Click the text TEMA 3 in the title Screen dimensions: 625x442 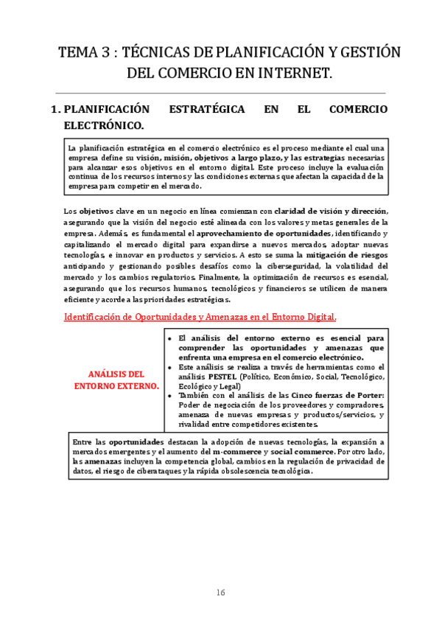coord(83,52)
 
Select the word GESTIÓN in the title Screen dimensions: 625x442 coord(362,52)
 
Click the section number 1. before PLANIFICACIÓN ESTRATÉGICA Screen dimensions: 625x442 coord(55,109)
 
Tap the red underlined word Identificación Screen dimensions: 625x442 coord(94,317)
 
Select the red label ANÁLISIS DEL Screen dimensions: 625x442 coord(116,374)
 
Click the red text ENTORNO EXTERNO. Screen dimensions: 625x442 coord(116,385)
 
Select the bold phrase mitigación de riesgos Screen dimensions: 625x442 coord(343,254)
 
